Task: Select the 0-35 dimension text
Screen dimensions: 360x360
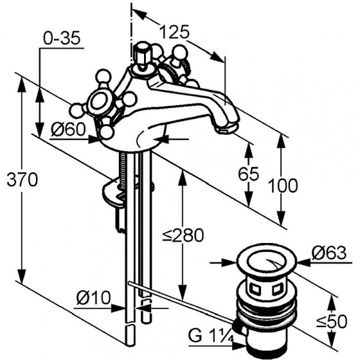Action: click(x=62, y=38)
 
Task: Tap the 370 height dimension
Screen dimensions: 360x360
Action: click(x=22, y=180)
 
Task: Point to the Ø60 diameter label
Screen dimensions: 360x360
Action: click(x=68, y=129)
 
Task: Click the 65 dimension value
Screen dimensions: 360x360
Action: click(x=248, y=173)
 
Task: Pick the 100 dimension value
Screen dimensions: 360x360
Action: click(x=283, y=185)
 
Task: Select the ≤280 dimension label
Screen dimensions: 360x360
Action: click(x=183, y=235)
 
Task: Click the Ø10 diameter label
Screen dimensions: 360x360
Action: click(x=94, y=298)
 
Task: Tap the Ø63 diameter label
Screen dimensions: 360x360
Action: click(x=329, y=253)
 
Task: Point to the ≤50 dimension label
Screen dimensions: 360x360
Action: click(x=332, y=322)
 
